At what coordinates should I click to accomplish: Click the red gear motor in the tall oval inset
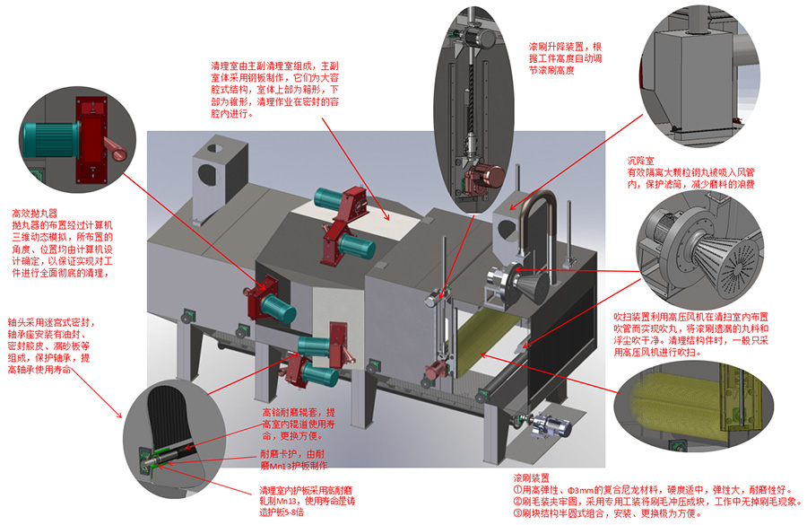pyautogui.click(x=484, y=171)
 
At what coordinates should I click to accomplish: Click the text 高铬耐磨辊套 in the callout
pyautogui.click(x=286, y=412)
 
